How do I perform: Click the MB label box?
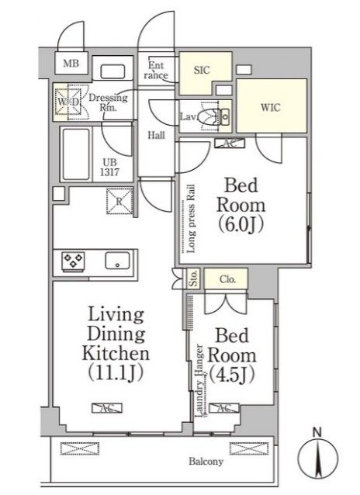point(71,64)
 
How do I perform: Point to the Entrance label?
point(156,71)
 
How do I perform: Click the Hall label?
point(156,135)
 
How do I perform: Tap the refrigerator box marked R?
point(116,202)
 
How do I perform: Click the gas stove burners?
point(71,261)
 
